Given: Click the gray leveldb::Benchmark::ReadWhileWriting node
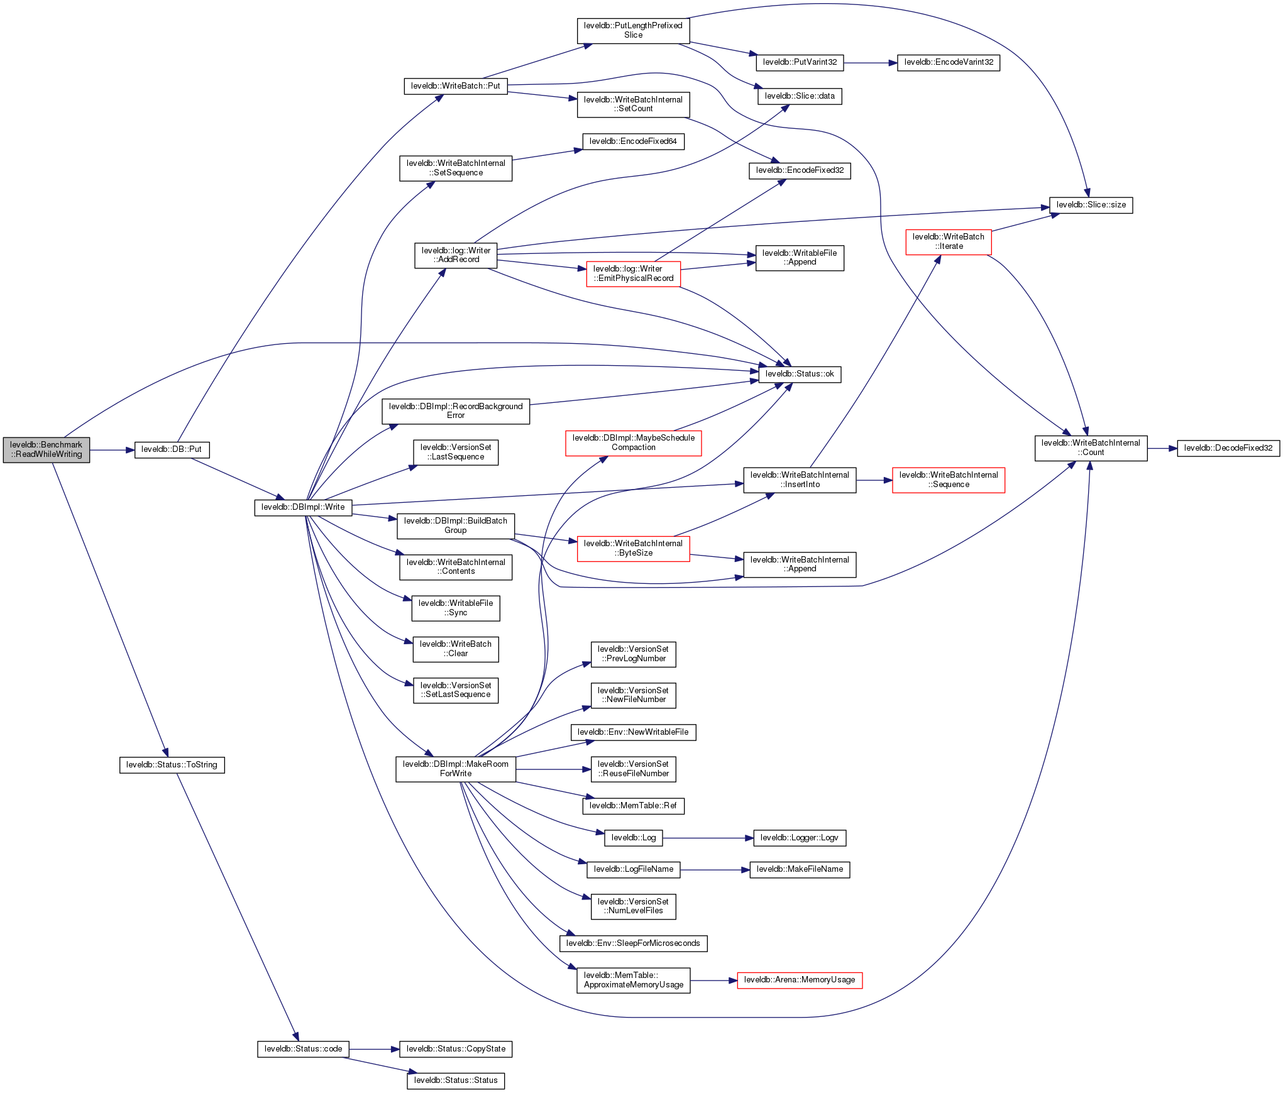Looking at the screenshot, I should click(x=47, y=449).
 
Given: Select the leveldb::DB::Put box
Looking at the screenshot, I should click(x=172, y=449).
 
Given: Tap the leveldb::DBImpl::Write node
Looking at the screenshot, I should click(x=303, y=507).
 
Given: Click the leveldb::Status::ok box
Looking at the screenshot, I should click(x=800, y=374).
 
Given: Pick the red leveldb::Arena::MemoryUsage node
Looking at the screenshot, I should click(x=800, y=980).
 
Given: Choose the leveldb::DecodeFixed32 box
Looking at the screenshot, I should click(x=1228, y=448).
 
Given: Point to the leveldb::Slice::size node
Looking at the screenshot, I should click(x=1091, y=205).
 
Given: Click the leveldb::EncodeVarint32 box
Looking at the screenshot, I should click(x=949, y=62).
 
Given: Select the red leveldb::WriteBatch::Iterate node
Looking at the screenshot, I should click(x=949, y=241).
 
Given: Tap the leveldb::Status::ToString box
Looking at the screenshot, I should click(x=172, y=765).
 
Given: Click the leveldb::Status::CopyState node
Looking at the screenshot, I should click(x=456, y=1049).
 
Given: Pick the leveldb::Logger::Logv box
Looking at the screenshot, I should click(x=800, y=838).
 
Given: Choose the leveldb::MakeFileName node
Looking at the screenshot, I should click(x=800, y=869).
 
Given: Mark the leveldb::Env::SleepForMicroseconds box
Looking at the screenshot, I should click(x=633, y=943).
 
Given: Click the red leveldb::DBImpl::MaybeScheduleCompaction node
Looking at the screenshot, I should click(x=634, y=442).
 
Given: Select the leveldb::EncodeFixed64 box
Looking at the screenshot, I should click(x=633, y=141).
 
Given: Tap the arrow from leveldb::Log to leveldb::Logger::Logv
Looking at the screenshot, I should click(x=708, y=838).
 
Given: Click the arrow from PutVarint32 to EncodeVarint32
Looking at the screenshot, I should click(x=870, y=63).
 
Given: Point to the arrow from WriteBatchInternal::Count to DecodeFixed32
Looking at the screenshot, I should click(x=1162, y=449).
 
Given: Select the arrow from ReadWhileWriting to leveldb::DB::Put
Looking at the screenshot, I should click(x=112, y=450).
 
